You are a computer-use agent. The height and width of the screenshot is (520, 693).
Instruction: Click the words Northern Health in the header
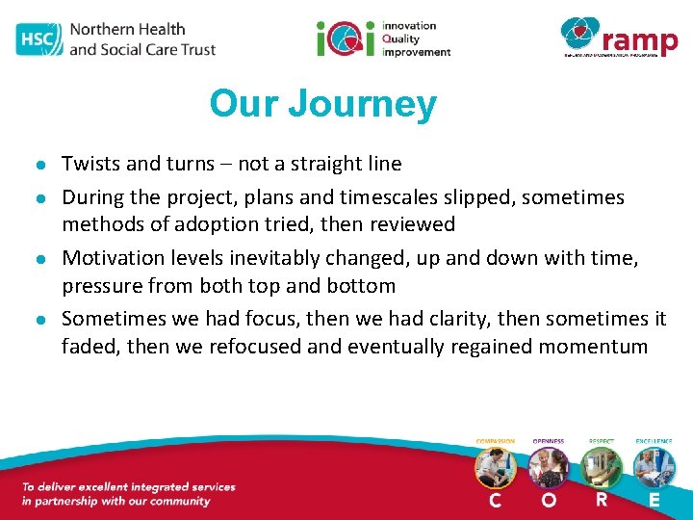pyautogui.click(x=127, y=29)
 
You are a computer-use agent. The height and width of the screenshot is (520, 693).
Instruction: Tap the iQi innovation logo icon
pyautogui.click(x=346, y=39)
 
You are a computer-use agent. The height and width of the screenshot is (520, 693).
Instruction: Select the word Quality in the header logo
pyautogui.click(x=407, y=39)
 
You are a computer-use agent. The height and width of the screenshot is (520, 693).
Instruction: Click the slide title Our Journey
pyautogui.click(x=322, y=104)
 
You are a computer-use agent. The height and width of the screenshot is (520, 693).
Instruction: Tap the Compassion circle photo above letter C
pyautogui.click(x=495, y=469)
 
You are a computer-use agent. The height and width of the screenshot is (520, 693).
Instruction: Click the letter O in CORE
pyautogui.click(x=549, y=501)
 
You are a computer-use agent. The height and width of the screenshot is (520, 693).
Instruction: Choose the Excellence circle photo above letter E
pyautogui.click(x=654, y=469)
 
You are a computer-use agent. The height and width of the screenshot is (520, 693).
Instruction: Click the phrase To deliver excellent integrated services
pyautogui.click(x=128, y=487)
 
